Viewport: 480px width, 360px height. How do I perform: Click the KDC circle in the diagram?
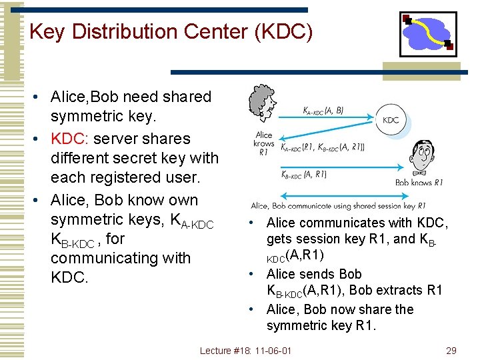pyautogui.click(x=391, y=120)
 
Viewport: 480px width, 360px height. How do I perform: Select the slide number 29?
pyautogui.click(x=451, y=351)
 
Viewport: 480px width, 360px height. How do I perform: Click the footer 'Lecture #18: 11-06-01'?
pyautogui.click(x=246, y=351)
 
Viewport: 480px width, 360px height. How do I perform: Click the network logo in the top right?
pyautogui.click(x=427, y=33)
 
